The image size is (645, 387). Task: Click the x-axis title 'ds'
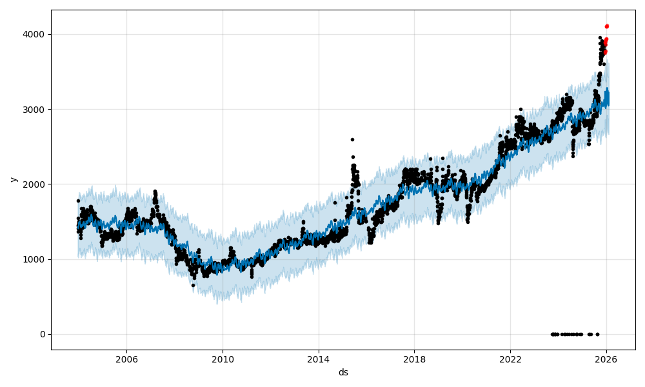pos(343,372)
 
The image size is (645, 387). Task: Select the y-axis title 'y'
pos(13,179)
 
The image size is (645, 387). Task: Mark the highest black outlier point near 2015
pos(352,139)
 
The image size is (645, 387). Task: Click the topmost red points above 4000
pos(606,26)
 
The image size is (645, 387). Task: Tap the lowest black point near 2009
pos(193,285)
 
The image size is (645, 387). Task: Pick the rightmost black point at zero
pos(597,334)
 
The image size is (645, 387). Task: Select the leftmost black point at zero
pos(552,334)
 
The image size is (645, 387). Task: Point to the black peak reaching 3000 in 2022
pos(521,110)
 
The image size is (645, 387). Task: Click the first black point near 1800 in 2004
pos(78,201)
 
